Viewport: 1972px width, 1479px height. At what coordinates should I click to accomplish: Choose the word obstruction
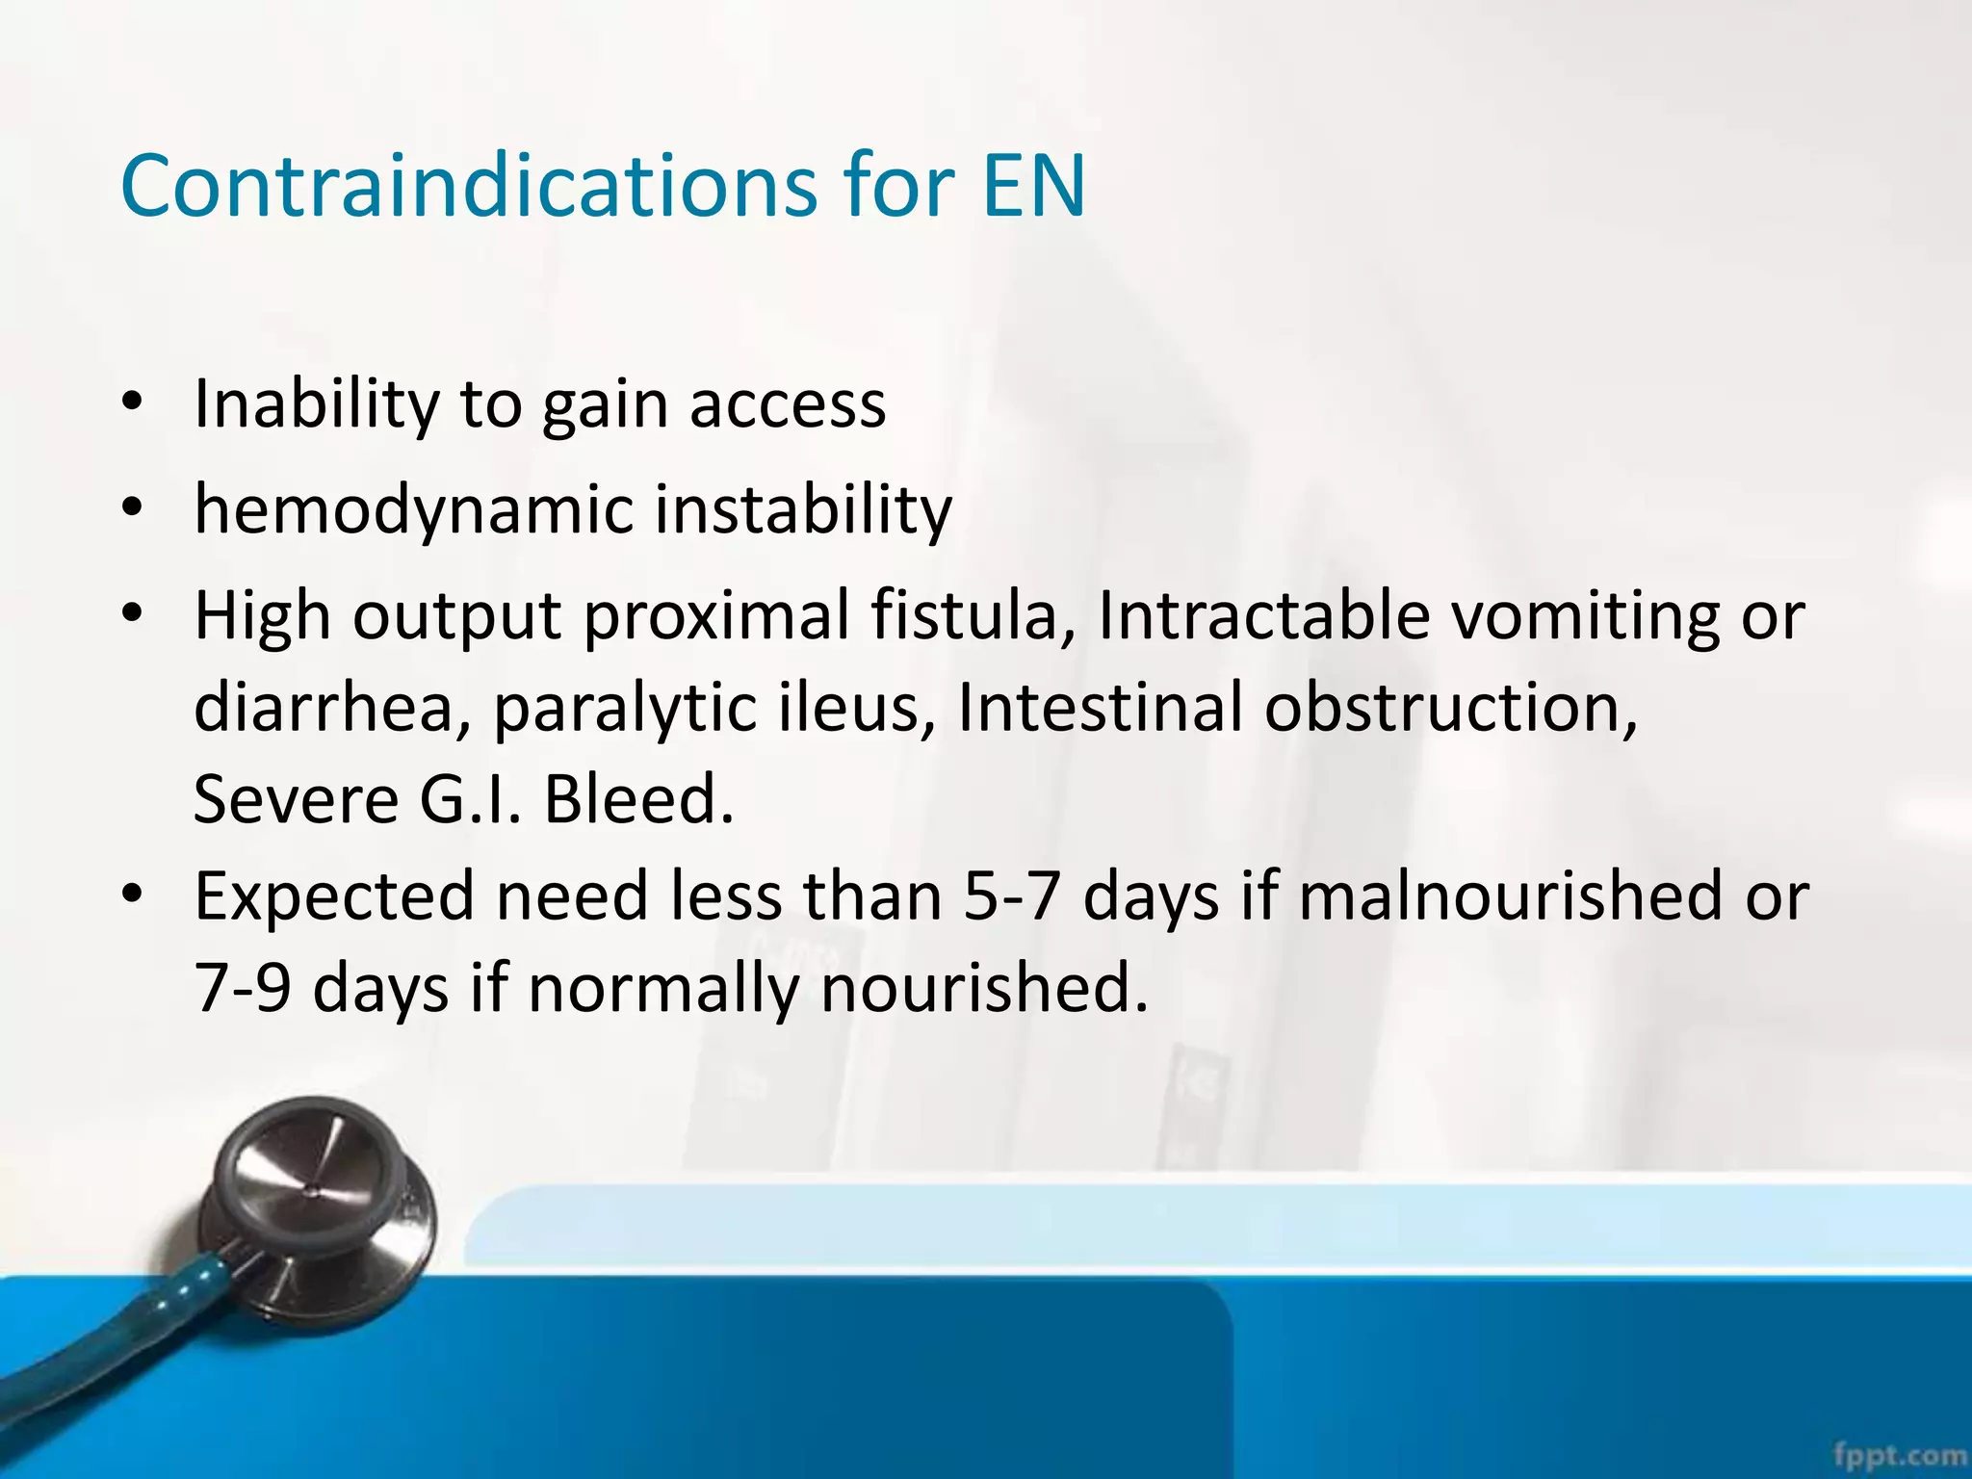[1450, 707]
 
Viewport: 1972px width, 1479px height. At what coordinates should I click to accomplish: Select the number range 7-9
[243, 988]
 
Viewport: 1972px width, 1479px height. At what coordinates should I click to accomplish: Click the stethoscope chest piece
[318, 1204]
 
